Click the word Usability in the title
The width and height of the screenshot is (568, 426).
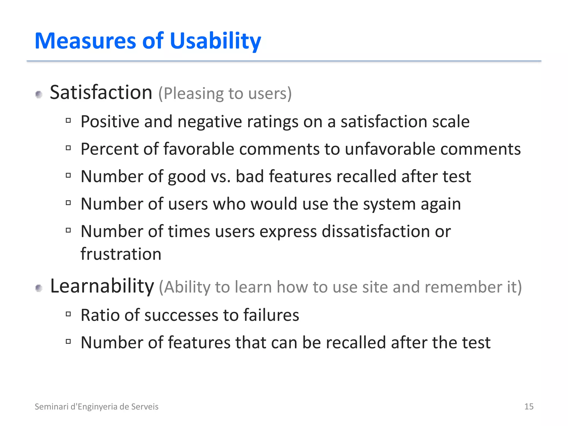click(215, 41)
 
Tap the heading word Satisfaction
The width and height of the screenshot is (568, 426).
click(101, 92)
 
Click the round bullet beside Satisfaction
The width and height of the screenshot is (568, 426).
click(39, 95)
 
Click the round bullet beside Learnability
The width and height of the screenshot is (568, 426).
click(39, 288)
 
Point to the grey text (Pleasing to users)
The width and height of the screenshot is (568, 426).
click(225, 93)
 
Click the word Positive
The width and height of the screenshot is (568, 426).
click(110, 122)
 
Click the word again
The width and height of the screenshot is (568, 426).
click(441, 204)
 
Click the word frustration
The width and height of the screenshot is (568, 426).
click(121, 254)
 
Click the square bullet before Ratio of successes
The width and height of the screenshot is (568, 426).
click(69, 314)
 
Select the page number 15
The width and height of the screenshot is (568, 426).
click(529, 407)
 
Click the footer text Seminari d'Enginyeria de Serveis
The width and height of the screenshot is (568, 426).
click(97, 407)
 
